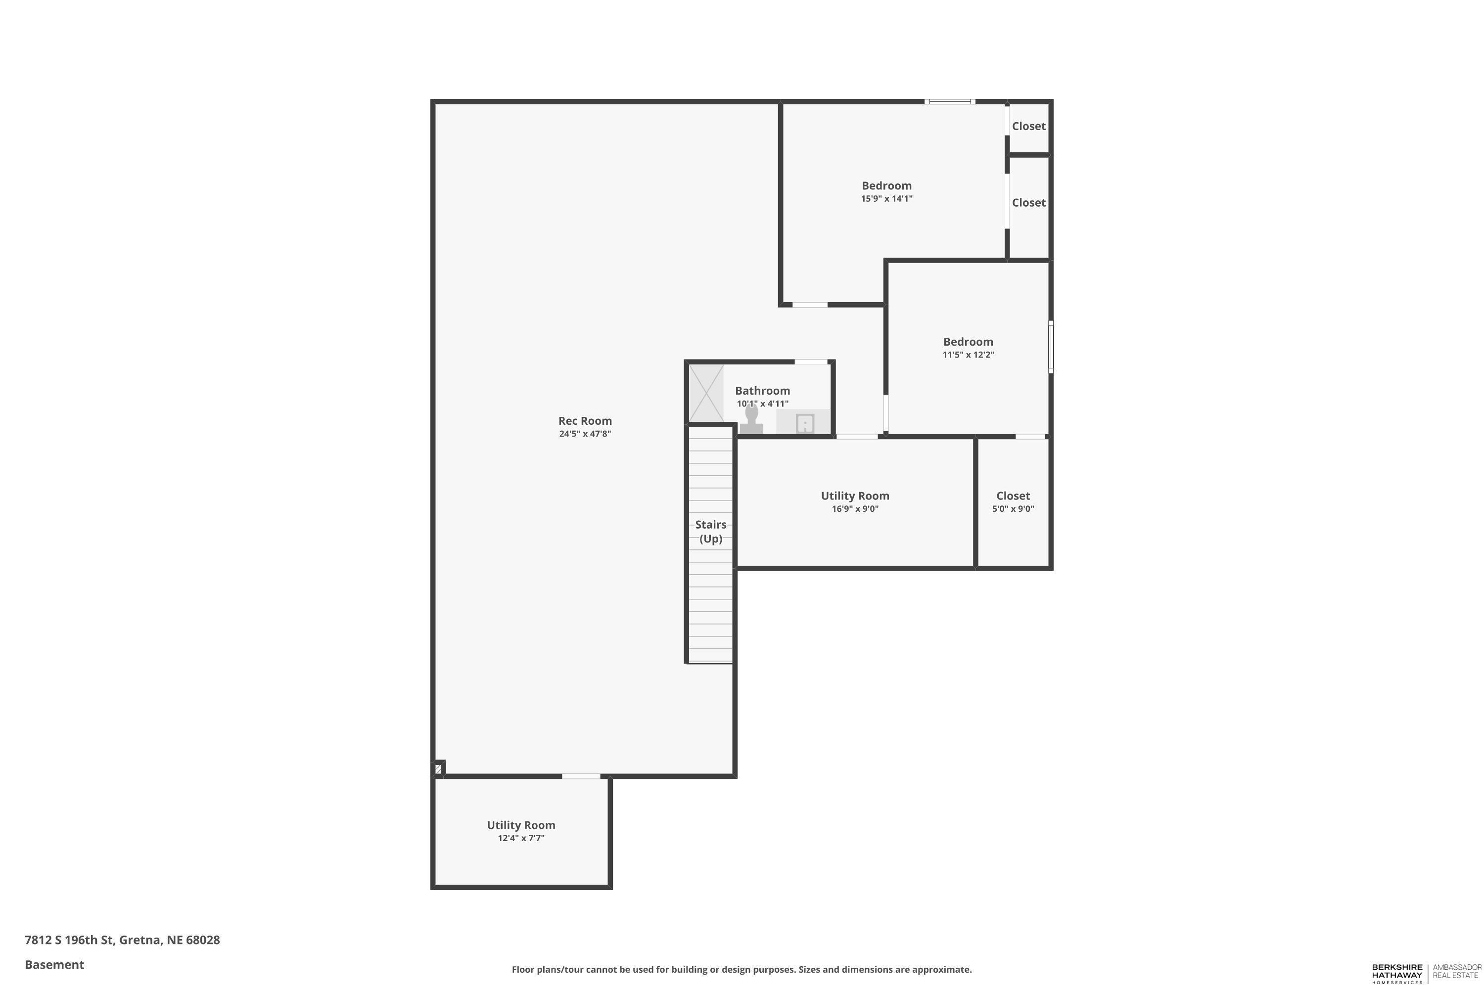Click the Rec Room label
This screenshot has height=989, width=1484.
(x=584, y=421)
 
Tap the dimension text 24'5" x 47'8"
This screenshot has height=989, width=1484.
(x=584, y=434)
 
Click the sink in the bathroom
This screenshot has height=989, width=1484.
(x=804, y=423)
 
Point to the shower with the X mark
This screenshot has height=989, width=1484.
(x=705, y=394)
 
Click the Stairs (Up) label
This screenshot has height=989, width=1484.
(x=710, y=532)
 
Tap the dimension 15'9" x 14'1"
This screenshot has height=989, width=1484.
(x=886, y=199)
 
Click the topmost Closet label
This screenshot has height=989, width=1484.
(x=1028, y=126)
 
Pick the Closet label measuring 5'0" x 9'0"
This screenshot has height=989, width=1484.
(x=1012, y=496)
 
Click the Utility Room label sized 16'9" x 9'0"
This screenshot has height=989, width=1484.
(x=854, y=496)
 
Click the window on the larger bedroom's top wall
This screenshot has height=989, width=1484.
(x=950, y=101)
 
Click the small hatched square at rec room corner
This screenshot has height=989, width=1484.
(x=438, y=769)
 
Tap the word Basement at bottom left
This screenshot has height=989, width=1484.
(x=54, y=964)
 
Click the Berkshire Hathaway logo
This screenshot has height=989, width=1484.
(x=1397, y=973)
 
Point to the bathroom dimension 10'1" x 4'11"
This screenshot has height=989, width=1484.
(x=762, y=404)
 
